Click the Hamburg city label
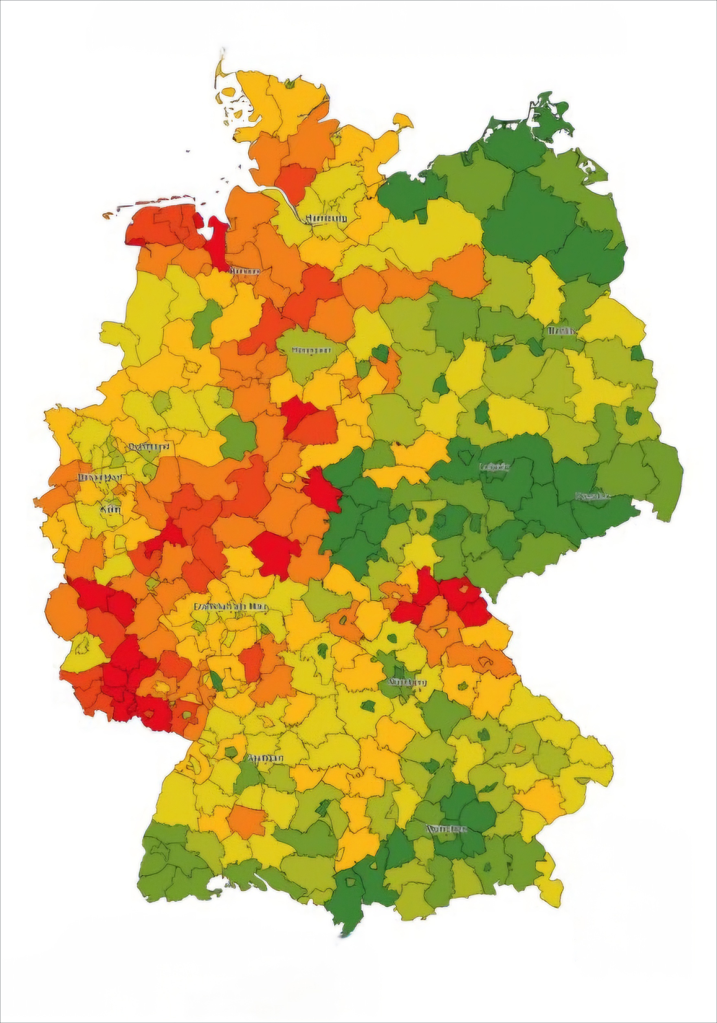tap(327, 219)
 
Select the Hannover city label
tap(312, 351)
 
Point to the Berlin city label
tap(561, 331)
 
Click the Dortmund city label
tap(149, 446)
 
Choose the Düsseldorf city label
tap(100, 477)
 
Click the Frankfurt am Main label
tap(231, 607)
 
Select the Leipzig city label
tap(495, 467)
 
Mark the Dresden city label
tap(593, 496)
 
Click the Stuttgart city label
tap(266, 758)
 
